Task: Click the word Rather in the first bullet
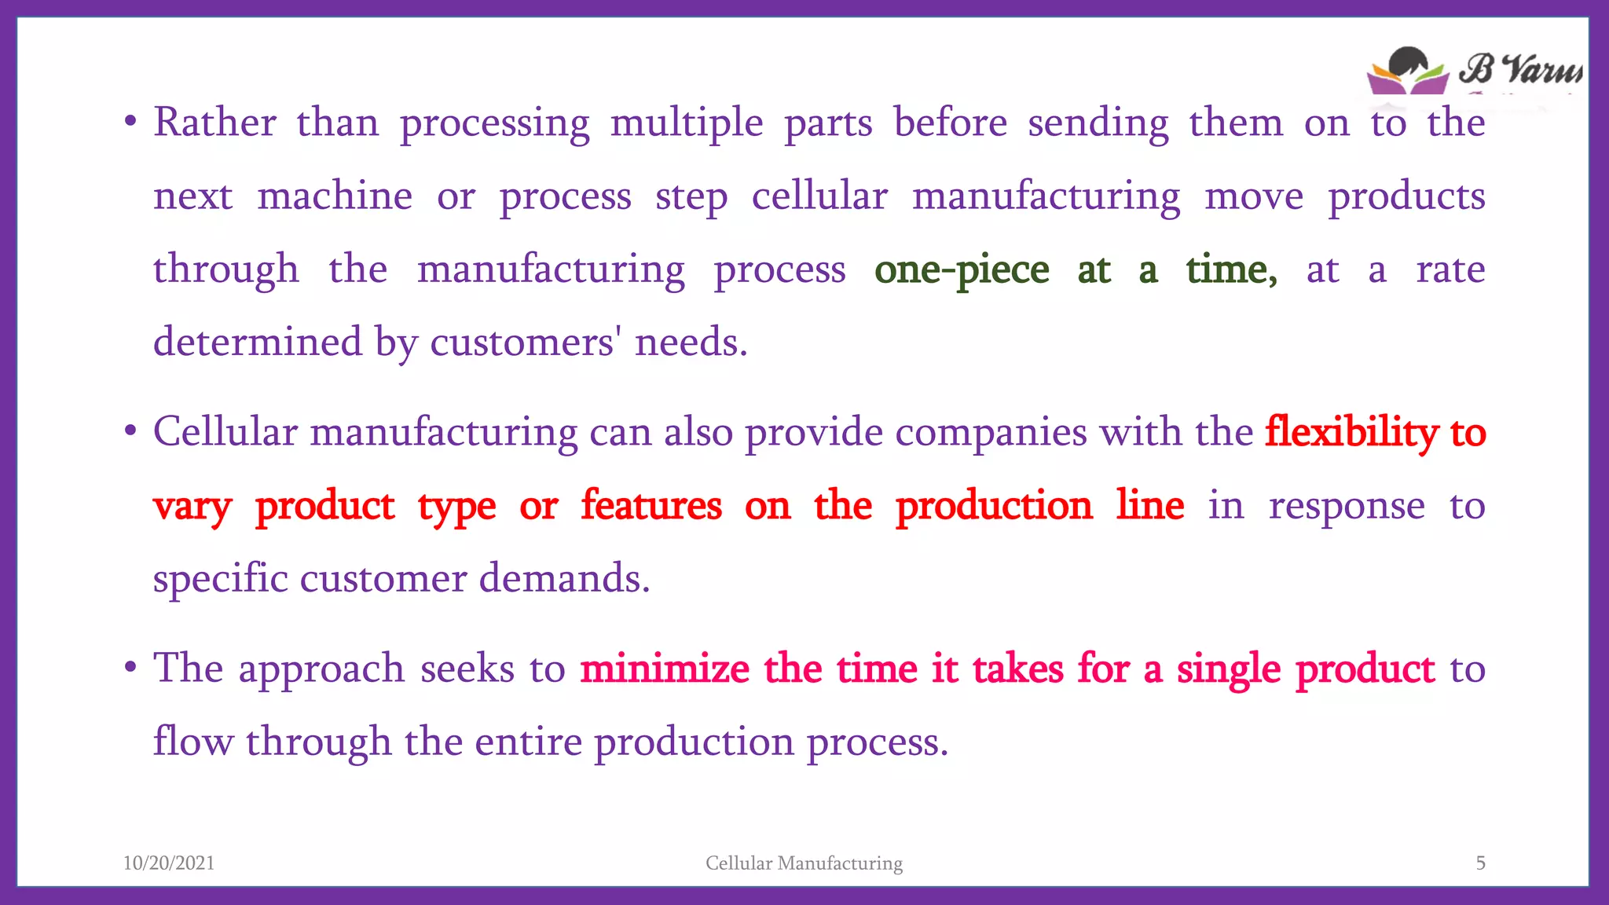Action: point(214,123)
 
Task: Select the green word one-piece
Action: point(962,270)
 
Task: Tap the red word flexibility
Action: point(1351,432)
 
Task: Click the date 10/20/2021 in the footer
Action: point(169,863)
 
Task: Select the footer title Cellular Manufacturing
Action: point(804,863)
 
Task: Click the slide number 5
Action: point(1480,863)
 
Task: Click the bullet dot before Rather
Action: point(130,123)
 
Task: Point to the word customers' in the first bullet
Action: point(522,343)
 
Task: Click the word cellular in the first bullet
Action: point(819,196)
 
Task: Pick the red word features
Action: point(651,505)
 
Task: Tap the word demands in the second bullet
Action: point(564,578)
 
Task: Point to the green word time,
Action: point(1231,270)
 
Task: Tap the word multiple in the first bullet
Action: point(686,124)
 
